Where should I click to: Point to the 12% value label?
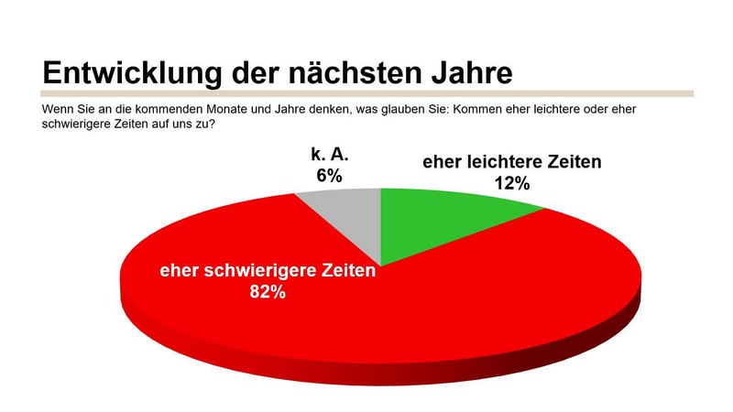click(x=512, y=183)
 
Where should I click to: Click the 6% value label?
click(x=330, y=174)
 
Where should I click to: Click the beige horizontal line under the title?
click(x=366, y=93)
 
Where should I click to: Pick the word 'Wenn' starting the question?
click(x=59, y=109)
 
